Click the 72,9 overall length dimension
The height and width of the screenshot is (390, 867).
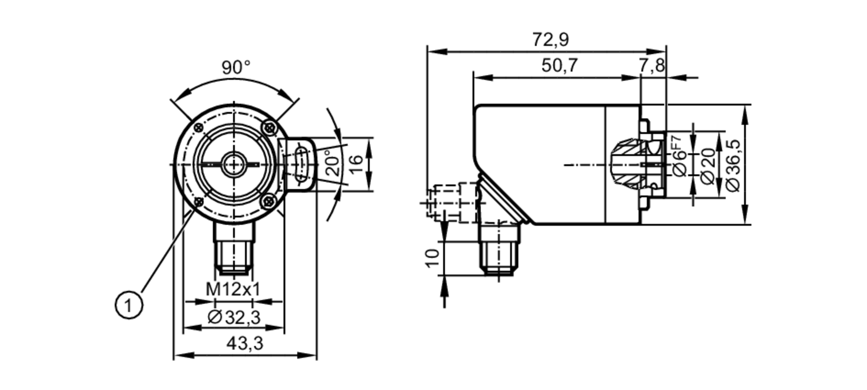(x=550, y=40)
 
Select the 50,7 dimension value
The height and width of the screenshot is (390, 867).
(x=559, y=66)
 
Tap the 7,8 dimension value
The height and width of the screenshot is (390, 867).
(x=651, y=66)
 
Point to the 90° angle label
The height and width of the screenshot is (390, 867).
(x=236, y=68)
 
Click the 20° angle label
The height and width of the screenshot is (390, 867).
(x=333, y=162)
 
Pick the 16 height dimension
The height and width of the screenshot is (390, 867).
(x=355, y=164)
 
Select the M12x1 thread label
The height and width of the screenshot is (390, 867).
(x=233, y=289)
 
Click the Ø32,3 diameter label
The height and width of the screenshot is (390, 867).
(x=234, y=318)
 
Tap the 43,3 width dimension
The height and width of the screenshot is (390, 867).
(x=244, y=344)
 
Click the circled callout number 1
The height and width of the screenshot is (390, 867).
(x=128, y=306)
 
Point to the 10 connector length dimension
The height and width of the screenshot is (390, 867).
(x=432, y=259)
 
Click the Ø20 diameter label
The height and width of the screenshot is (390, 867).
(x=708, y=166)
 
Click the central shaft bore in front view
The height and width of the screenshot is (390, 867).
(x=234, y=164)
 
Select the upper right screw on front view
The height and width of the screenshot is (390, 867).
(x=269, y=128)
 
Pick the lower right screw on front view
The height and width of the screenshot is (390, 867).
(x=269, y=200)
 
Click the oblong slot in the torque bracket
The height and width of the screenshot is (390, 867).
(x=301, y=164)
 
